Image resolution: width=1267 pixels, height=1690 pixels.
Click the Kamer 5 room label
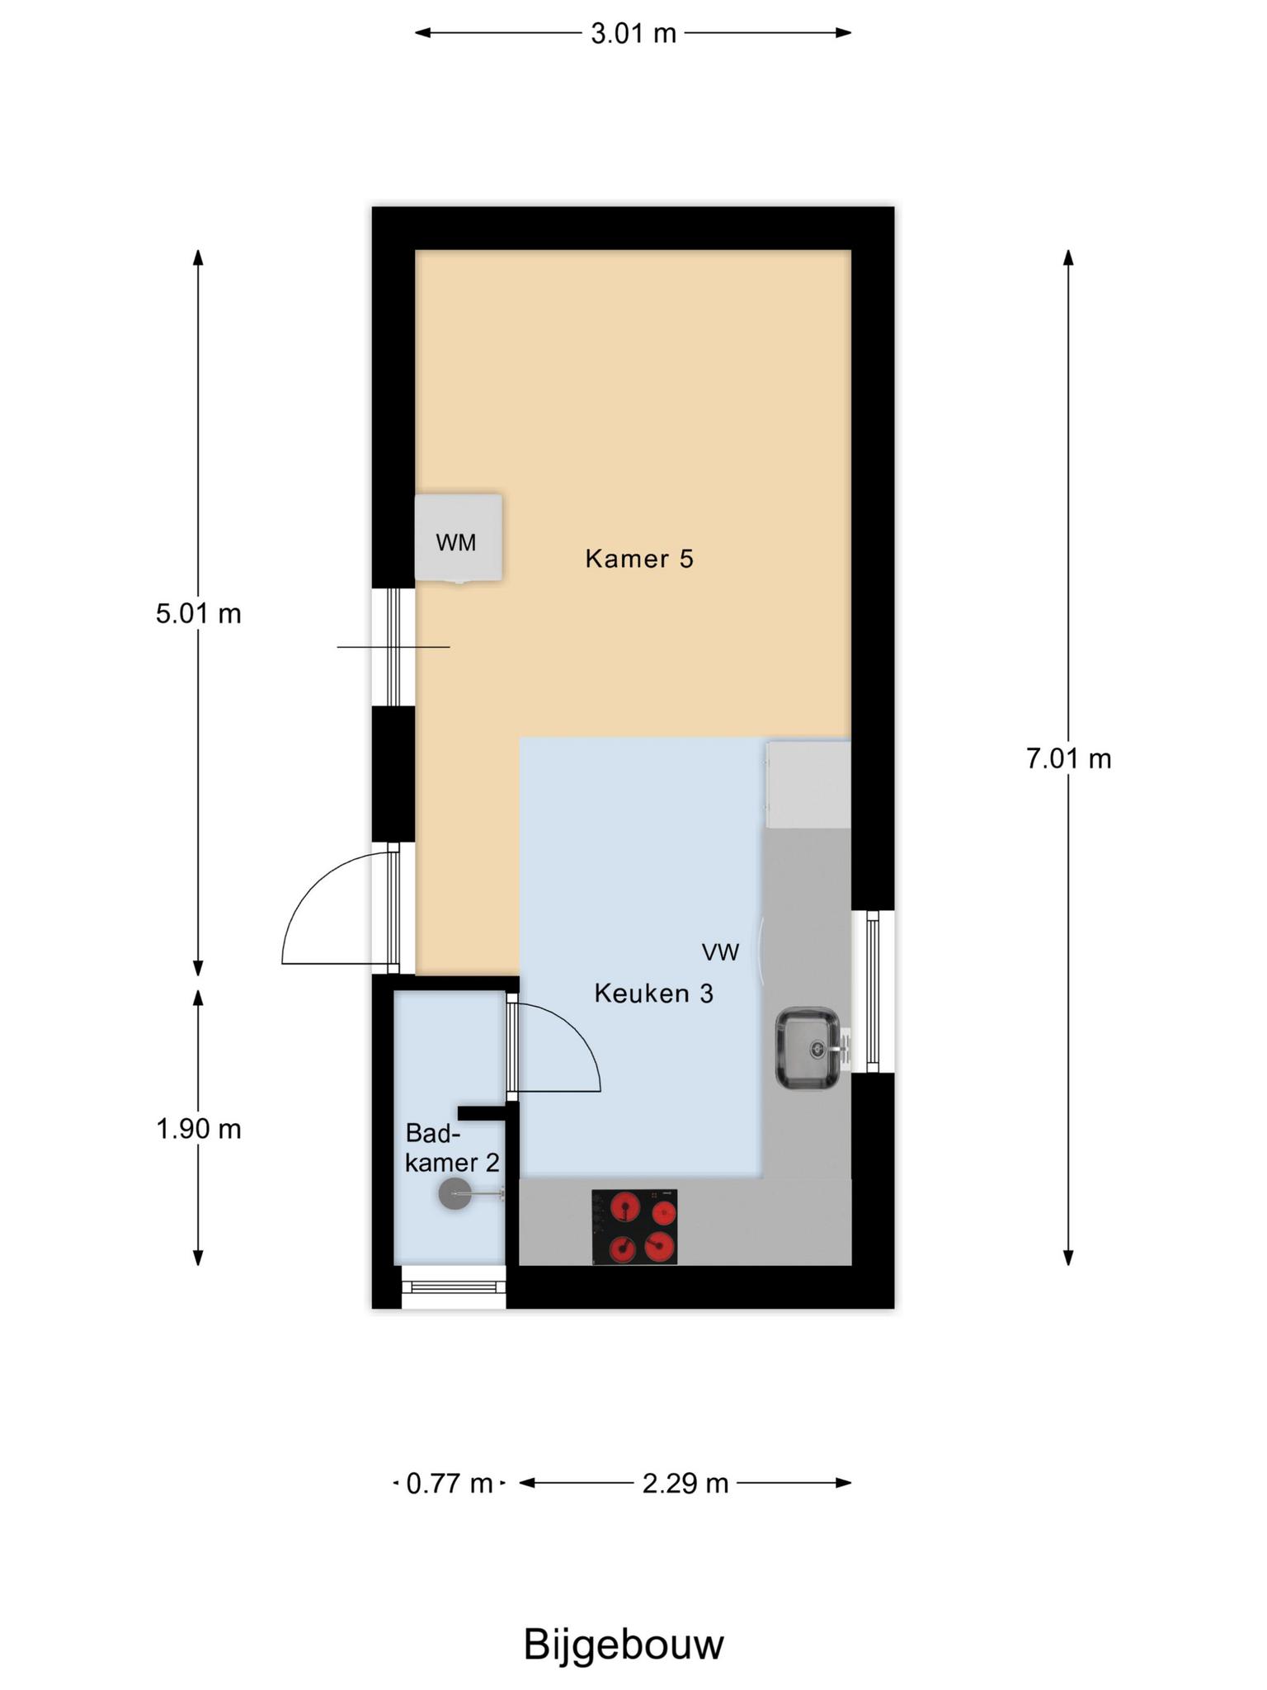coord(639,559)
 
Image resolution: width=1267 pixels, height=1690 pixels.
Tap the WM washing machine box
coord(458,538)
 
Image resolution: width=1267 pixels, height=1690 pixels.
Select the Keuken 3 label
coord(653,994)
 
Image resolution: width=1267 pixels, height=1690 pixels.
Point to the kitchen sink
coord(808,1048)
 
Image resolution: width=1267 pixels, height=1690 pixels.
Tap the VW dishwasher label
coord(720,952)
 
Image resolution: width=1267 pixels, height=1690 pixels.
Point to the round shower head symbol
coord(455,1194)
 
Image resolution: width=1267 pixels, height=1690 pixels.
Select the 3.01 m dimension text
coord(633,34)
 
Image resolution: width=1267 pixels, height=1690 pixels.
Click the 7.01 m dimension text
coord(1068,758)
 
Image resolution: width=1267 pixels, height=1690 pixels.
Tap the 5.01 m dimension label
coord(198,614)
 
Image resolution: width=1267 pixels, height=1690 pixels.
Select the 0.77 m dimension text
coord(450,1484)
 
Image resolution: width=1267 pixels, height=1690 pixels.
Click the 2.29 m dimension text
coord(685,1484)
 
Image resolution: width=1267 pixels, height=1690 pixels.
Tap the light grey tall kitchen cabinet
coord(808,784)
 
